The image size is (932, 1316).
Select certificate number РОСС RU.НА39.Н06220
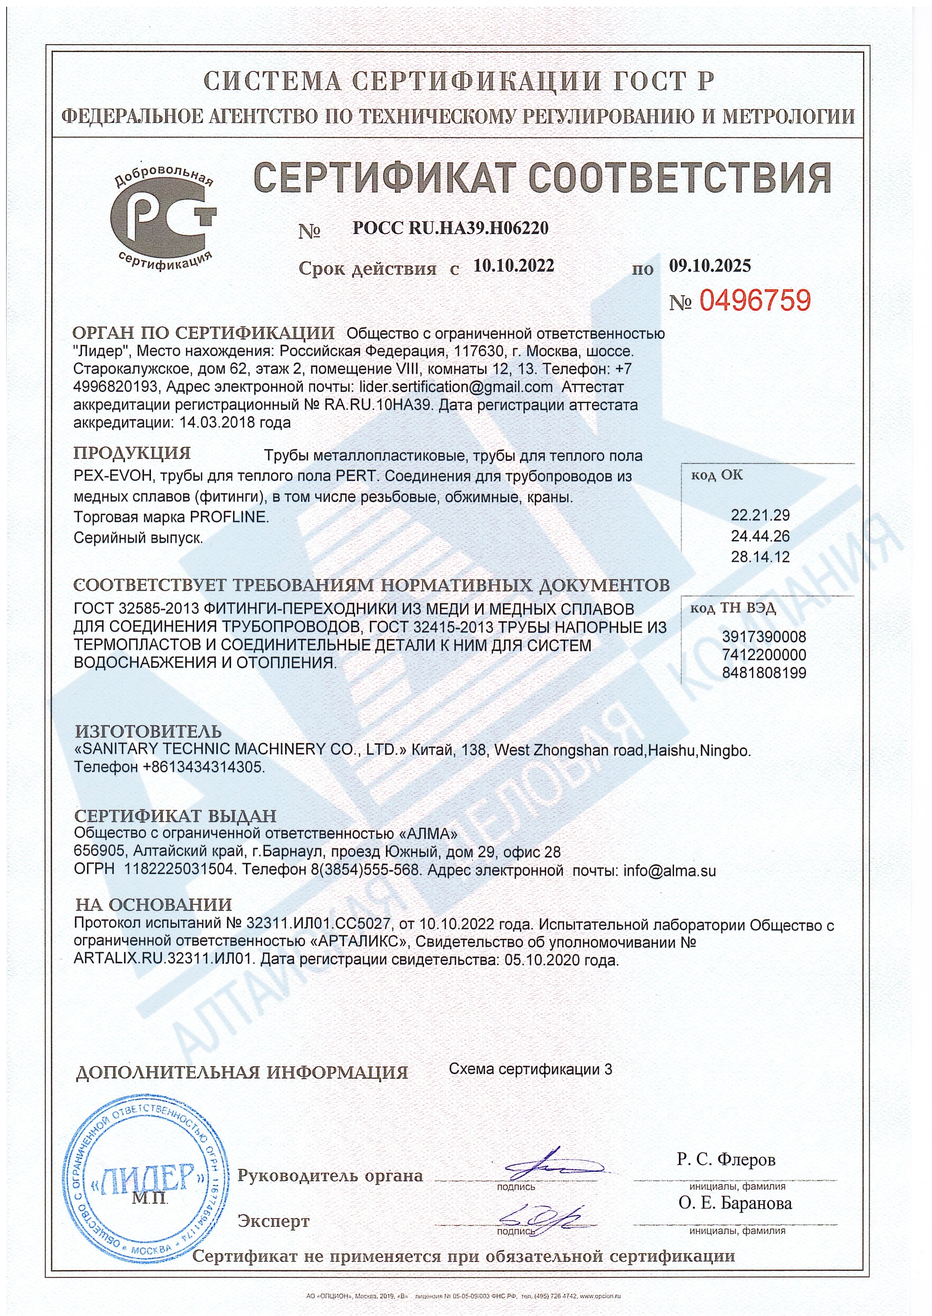pyautogui.click(x=451, y=228)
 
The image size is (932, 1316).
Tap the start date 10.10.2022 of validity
pyautogui.click(x=514, y=265)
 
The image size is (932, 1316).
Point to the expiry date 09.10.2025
pyautogui.click(x=710, y=265)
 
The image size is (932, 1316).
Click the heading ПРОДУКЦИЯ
pyautogui.click(x=132, y=453)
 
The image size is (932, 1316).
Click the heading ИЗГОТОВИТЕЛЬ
pyautogui.click(x=148, y=731)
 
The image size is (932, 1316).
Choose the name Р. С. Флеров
pyautogui.click(x=726, y=1159)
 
